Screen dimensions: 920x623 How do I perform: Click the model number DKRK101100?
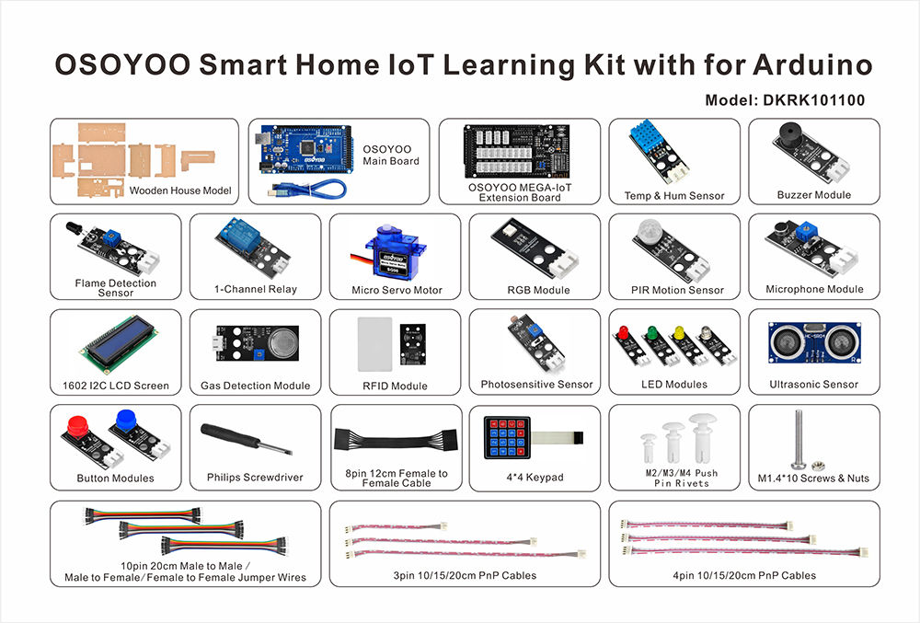[x=813, y=100]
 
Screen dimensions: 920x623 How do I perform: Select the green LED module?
[x=660, y=345]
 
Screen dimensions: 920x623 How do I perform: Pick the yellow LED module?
[x=688, y=345]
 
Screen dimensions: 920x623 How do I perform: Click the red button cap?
[x=78, y=425]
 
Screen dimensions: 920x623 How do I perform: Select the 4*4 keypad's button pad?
[x=507, y=437]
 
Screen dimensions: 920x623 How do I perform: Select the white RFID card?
[x=375, y=344]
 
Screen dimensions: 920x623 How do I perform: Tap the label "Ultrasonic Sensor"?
[x=814, y=385]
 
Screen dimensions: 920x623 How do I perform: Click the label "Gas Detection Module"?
[x=255, y=386]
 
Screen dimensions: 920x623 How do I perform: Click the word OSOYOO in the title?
[x=122, y=64]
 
